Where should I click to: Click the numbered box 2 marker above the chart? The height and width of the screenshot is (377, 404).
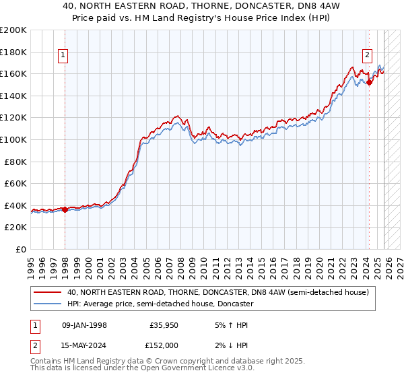[x=368, y=56]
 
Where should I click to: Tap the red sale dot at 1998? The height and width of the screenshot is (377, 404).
[x=65, y=209]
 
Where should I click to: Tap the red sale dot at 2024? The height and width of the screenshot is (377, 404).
[x=369, y=82]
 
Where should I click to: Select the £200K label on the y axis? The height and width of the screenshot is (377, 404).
[x=13, y=30]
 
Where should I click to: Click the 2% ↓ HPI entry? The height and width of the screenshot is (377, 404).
[x=227, y=345]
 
